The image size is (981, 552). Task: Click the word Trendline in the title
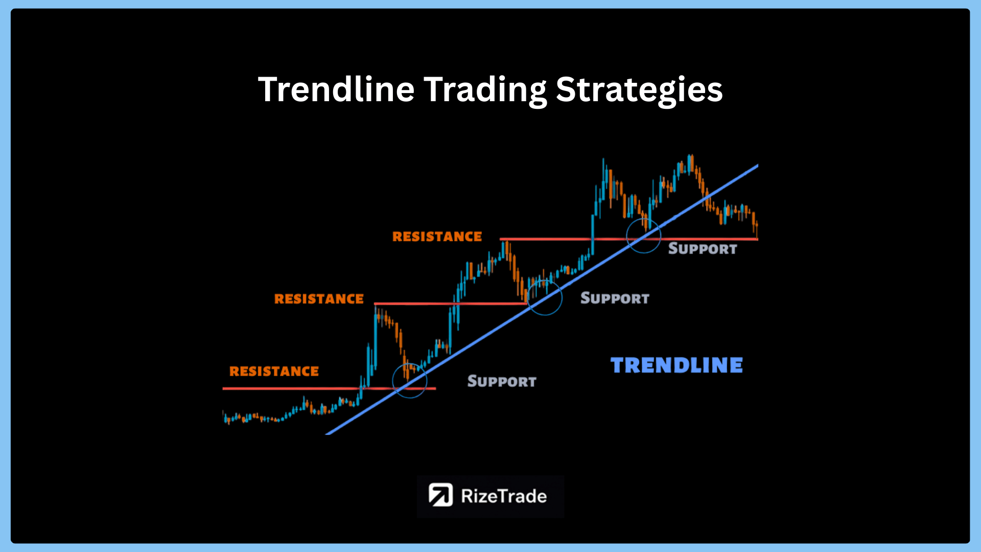(336, 89)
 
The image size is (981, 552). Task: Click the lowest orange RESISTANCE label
(274, 371)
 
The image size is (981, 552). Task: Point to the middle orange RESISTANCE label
(319, 298)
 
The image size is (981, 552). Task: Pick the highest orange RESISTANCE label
(437, 236)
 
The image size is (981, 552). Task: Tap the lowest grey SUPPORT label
(502, 381)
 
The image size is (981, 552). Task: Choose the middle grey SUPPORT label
(615, 298)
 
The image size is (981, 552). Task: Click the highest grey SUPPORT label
(703, 249)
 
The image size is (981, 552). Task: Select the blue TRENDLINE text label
(676, 365)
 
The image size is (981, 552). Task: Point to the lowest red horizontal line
(329, 388)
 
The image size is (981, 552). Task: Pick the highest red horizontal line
(629, 239)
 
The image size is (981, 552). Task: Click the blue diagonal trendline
(542, 300)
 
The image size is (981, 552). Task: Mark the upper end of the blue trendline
(757, 165)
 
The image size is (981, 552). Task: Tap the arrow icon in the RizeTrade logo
(440, 495)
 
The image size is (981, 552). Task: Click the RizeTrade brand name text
(504, 496)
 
